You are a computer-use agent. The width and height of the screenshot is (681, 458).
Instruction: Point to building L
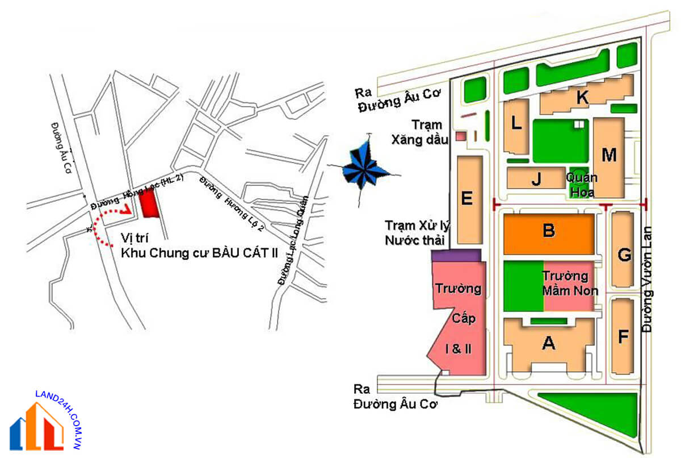coord(516,125)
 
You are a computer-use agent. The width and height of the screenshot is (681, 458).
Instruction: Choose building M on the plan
coord(609,155)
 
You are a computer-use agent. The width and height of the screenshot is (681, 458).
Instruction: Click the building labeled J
coord(536,179)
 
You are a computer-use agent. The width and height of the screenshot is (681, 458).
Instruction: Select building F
coord(623,338)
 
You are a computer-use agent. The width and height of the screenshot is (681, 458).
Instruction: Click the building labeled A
coord(548,343)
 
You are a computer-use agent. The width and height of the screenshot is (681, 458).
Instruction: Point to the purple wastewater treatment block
coord(456,255)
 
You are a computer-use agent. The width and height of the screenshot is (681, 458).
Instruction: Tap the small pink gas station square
coord(461,136)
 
